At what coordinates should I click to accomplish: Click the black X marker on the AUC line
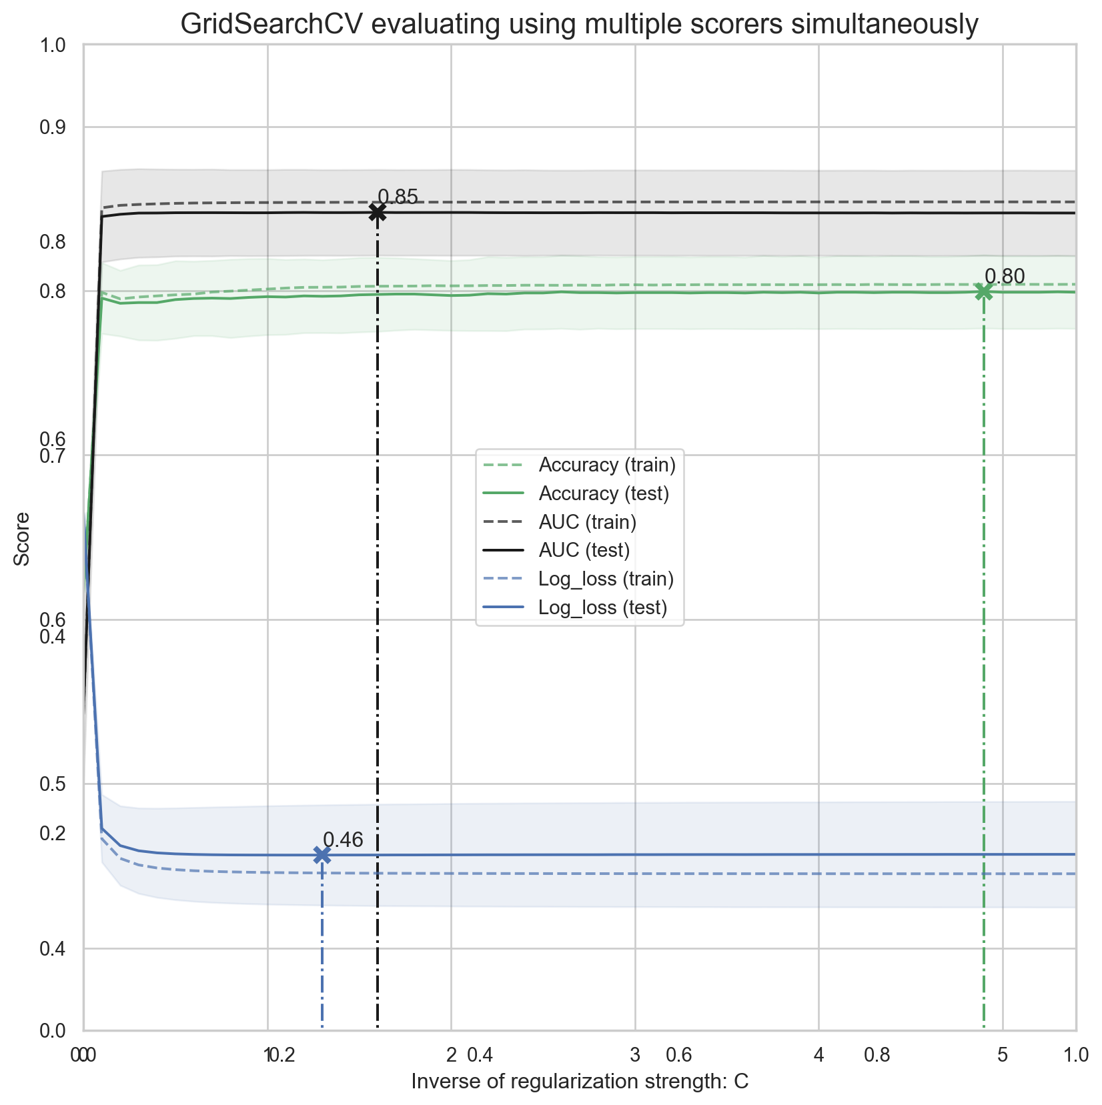coord(378,212)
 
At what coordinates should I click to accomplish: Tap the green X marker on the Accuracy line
coord(983,291)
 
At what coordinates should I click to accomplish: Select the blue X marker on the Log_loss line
coord(322,855)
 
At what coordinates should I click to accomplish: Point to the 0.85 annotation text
coord(398,197)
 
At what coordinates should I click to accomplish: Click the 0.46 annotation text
coord(343,840)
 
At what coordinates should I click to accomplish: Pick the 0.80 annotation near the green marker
coord(1005,276)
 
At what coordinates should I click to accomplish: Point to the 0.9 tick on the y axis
coord(53,127)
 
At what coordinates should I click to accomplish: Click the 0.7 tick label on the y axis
coord(53,456)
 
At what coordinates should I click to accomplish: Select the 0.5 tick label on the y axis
coord(53,784)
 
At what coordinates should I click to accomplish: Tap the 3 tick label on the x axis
coord(635,1054)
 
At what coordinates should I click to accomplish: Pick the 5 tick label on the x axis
coord(1002,1054)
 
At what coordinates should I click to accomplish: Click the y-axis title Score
coord(22,539)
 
